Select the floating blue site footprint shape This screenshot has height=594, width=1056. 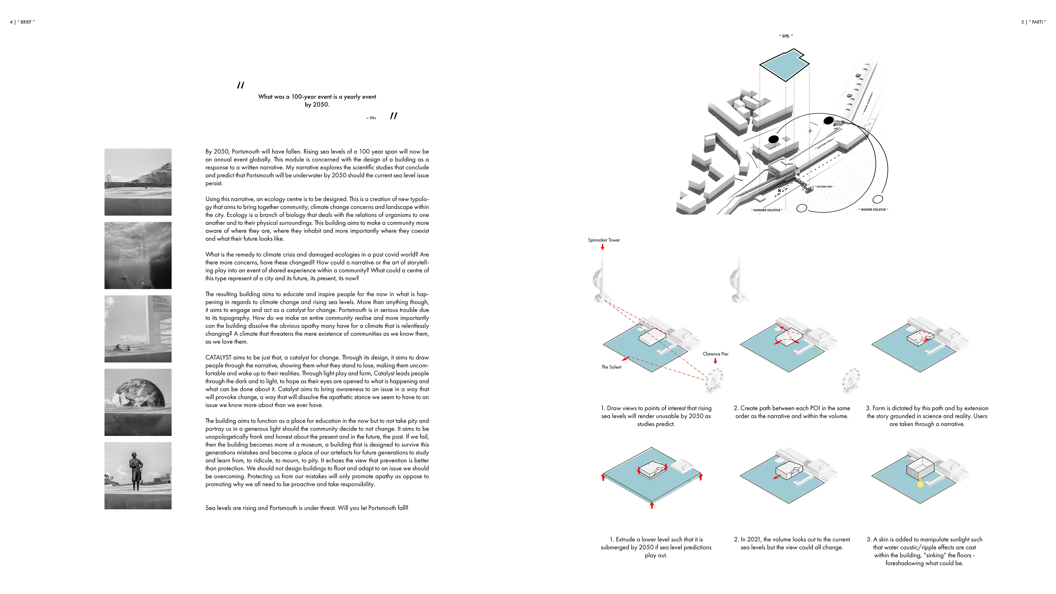coord(784,65)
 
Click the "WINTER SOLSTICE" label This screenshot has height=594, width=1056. coord(873,210)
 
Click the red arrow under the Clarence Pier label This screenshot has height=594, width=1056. coord(715,361)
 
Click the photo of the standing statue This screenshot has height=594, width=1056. coord(138,475)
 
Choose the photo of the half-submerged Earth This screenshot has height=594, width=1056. coord(138,402)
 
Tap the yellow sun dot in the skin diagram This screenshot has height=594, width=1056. coord(920,485)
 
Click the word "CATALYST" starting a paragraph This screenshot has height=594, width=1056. coord(218,358)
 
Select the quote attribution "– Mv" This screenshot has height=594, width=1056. coord(371,118)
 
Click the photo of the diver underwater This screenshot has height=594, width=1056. coord(138,255)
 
